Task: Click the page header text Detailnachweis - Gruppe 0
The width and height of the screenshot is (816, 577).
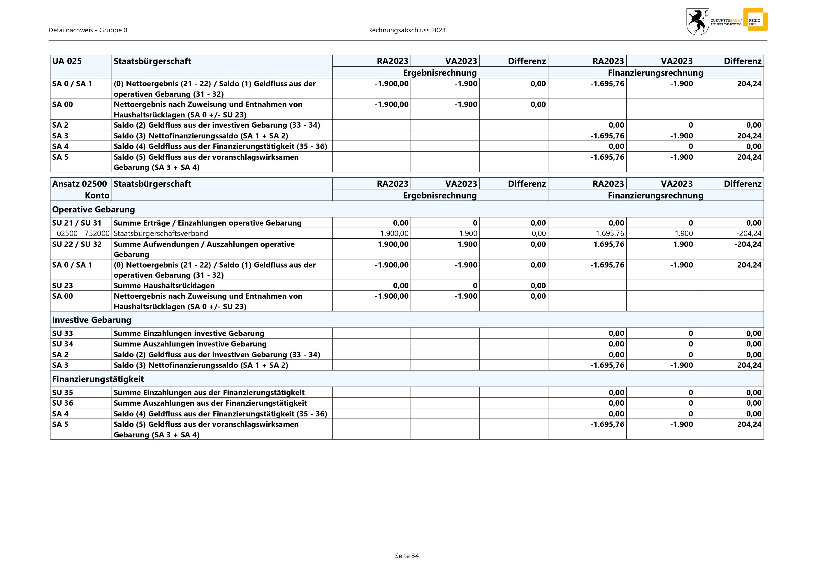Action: point(88,30)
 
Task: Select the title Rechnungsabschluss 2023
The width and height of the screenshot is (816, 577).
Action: point(407,30)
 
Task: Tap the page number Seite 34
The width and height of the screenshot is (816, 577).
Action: point(407,556)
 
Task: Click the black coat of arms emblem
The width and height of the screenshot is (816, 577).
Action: point(697,22)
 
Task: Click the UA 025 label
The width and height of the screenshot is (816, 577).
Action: point(67,61)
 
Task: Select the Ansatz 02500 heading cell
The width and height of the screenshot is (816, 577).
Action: point(80,184)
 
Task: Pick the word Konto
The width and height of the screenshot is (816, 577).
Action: point(97,196)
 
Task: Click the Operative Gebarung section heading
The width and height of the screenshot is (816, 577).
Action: point(94,209)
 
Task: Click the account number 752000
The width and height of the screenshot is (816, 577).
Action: point(97,233)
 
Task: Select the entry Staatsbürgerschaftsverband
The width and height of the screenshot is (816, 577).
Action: point(161,233)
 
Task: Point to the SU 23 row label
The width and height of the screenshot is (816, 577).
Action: point(63,285)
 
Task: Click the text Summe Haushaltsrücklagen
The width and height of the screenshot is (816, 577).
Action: point(164,285)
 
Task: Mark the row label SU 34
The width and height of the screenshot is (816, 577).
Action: point(63,344)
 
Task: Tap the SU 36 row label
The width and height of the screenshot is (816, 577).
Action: point(63,403)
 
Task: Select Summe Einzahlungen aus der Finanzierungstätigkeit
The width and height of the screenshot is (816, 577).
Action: point(209,392)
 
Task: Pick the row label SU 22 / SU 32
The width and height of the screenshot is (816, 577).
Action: point(77,244)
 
